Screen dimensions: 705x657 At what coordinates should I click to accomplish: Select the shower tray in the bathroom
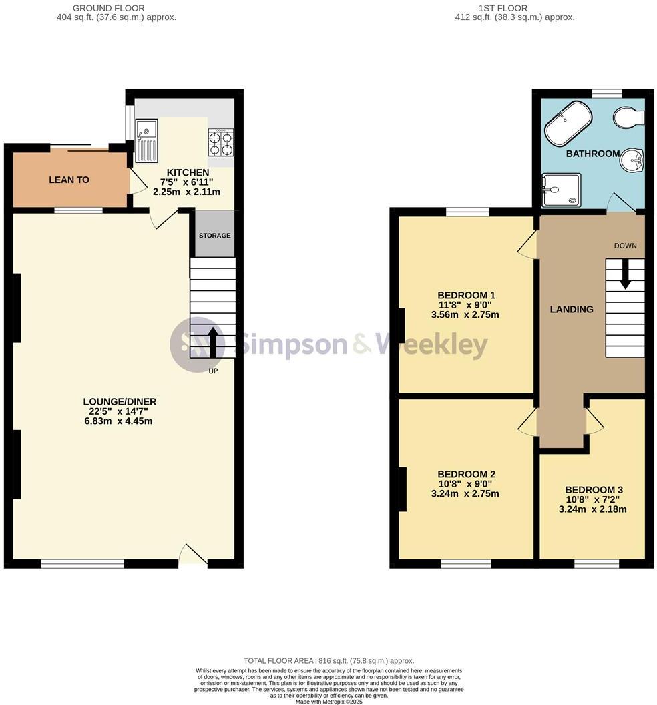click(561, 190)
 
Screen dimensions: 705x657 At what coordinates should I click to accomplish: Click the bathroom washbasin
click(632, 160)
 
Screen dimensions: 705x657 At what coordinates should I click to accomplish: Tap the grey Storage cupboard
click(214, 235)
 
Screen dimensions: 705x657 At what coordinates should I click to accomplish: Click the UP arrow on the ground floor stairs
click(214, 341)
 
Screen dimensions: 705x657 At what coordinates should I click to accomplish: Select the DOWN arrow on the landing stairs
click(625, 274)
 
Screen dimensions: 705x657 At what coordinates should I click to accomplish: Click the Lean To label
click(69, 180)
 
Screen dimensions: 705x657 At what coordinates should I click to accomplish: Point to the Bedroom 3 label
click(594, 489)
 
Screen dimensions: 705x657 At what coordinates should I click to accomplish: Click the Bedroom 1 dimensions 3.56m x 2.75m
click(465, 315)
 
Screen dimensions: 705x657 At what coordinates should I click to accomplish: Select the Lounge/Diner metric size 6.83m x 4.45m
click(120, 421)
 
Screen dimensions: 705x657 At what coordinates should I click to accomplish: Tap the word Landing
click(572, 309)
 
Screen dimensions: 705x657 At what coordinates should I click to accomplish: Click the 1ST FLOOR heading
click(503, 8)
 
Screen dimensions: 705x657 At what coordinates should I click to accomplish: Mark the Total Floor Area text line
click(328, 660)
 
